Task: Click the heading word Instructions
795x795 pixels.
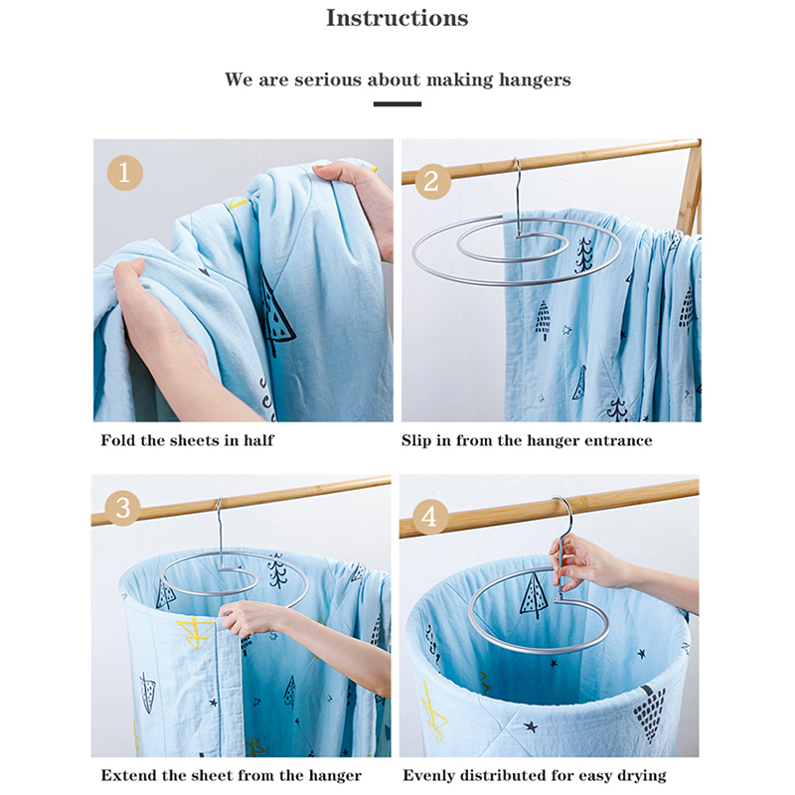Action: click(397, 18)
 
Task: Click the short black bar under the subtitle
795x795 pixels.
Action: click(397, 104)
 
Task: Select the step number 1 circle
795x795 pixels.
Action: click(125, 173)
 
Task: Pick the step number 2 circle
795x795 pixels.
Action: click(432, 181)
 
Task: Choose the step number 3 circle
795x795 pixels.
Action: click(122, 508)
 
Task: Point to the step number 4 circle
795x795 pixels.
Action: click(430, 517)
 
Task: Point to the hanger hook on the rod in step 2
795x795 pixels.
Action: click(518, 195)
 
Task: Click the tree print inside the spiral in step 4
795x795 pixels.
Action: click(534, 594)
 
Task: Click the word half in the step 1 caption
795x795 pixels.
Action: click(258, 439)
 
